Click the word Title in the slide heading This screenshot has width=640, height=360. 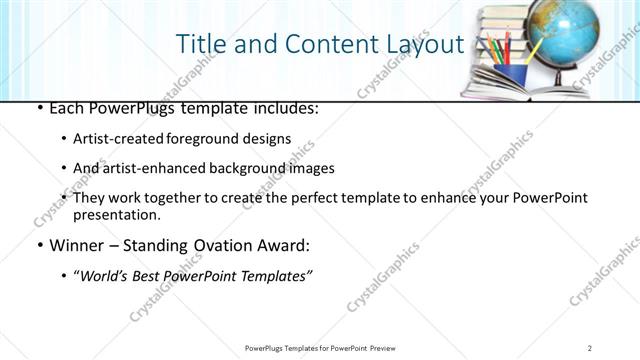coord(201,44)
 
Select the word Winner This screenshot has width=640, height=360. coord(77,245)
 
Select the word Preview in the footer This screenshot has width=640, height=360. coord(387,348)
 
